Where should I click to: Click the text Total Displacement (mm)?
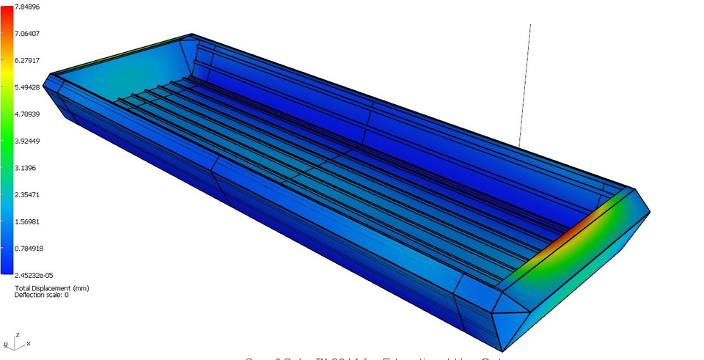pos(51,288)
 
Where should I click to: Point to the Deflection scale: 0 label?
pos(42,295)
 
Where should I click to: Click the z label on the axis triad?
pos(16,334)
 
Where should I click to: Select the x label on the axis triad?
pos(28,343)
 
